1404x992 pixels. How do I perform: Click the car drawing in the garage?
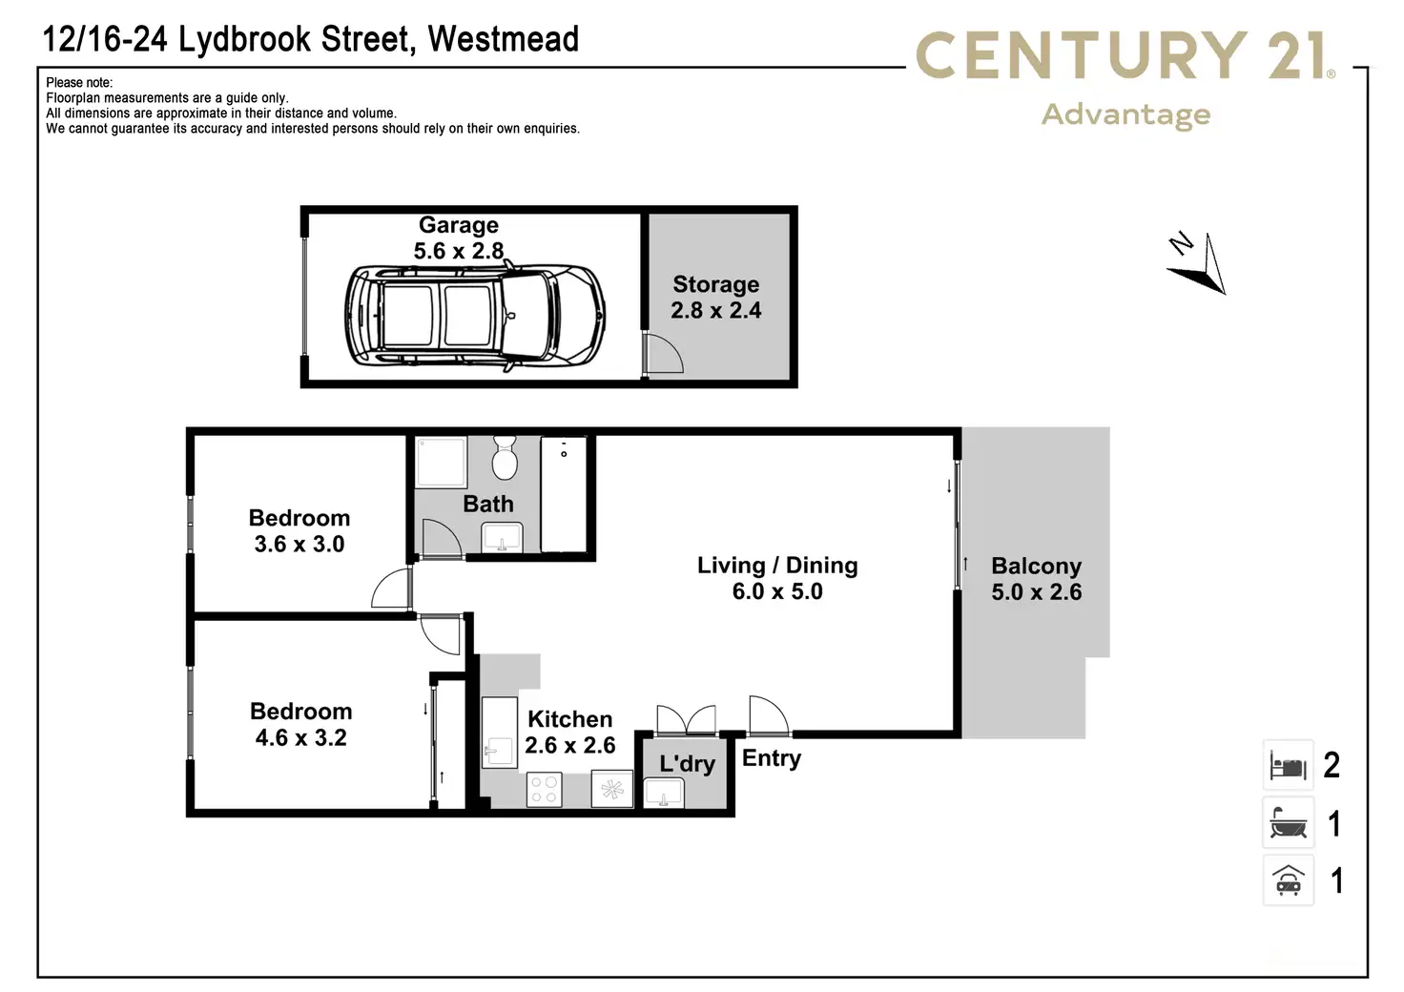475,316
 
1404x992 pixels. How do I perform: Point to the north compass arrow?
1198,263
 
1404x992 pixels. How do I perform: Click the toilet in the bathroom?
504,458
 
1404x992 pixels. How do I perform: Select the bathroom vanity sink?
502,538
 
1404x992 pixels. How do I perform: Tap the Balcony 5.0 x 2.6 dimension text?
1036,591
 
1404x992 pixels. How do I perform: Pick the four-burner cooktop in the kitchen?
544,790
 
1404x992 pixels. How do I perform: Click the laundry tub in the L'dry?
663,792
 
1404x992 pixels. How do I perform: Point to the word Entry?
772,759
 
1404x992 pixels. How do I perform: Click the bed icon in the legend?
1288,765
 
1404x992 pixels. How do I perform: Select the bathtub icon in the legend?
1288,823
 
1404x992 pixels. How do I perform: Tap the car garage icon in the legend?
1288,880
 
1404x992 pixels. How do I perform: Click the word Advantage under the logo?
1125,115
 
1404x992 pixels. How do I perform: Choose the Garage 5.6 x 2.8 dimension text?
458,251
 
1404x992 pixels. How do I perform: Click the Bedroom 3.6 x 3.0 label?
299,530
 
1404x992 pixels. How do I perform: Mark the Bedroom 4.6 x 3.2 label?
300,724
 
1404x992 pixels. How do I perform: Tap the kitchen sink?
499,732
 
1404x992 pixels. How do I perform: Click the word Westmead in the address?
503,39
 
